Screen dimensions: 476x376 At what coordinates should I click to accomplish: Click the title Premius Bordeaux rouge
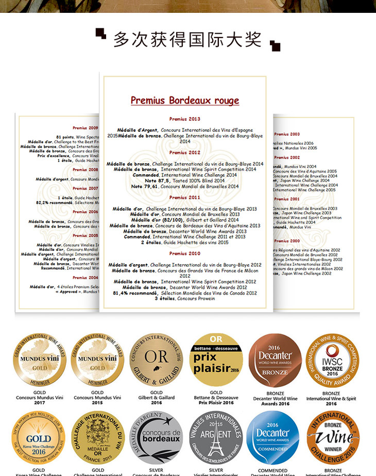pos(185,100)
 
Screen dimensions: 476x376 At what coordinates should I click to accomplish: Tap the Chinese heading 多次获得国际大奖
pos(187,40)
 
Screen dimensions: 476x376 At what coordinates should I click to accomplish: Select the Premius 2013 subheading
pos(185,119)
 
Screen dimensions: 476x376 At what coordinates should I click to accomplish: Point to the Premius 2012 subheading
pos(185,152)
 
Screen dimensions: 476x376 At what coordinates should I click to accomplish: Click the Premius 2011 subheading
pos(185,197)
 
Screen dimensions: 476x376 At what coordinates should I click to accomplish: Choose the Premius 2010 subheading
pos(185,253)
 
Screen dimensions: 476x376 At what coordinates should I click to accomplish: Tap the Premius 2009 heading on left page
pos(85,127)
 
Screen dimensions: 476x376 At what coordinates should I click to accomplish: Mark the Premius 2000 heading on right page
pos(287,241)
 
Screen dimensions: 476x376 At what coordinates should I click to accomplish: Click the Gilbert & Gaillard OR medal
pos(156,360)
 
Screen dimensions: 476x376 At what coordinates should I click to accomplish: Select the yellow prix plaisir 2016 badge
pos(216,360)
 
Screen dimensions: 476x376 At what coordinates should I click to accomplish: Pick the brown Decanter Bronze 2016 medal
pos(275,360)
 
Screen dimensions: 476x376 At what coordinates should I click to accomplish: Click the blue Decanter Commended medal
pos(272,438)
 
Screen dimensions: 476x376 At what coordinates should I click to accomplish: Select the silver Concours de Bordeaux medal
pos(156,438)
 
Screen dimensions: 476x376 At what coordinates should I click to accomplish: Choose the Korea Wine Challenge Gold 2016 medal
pos(39,438)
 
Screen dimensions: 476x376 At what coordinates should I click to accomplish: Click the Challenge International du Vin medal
pos(98,438)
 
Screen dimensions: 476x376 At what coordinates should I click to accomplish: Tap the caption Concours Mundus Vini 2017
pos(39,400)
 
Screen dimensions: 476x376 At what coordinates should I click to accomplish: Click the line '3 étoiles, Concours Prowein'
pos(185,298)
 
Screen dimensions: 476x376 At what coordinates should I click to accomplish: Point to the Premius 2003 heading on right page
pos(287,134)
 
